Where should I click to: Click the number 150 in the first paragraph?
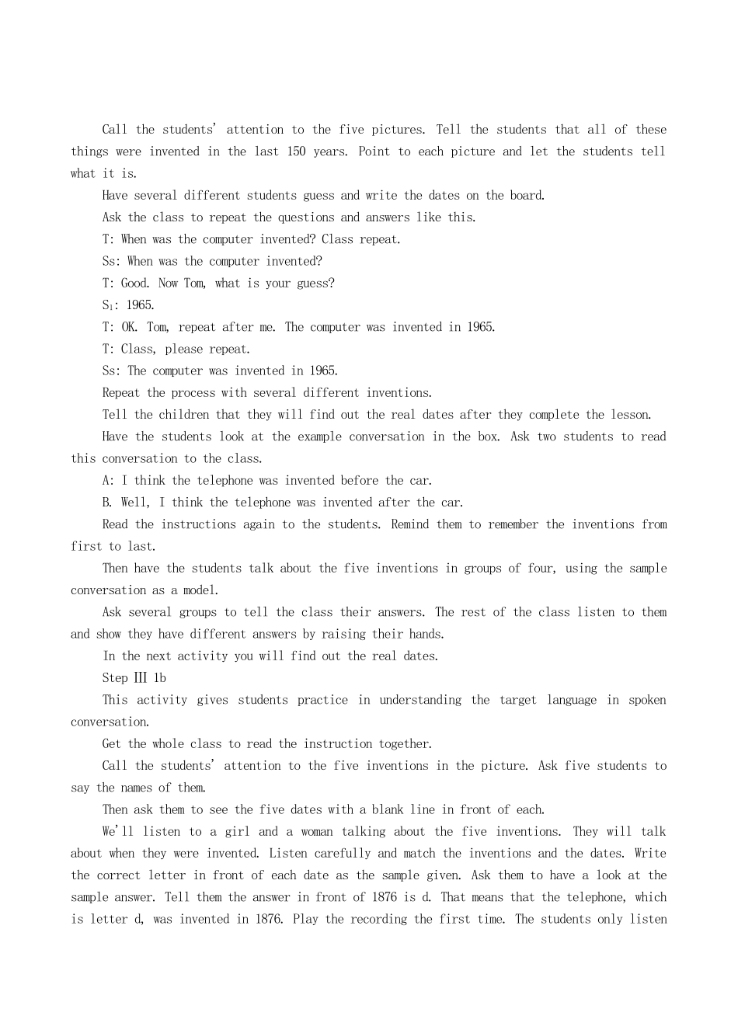pyautogui.click(x=296, y=151)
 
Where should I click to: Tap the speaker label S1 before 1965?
pyautogui.click(x=109, y=305)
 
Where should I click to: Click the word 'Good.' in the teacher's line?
pyautogui.click(x=135, y=284)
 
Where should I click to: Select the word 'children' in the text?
pyautogui.click(x=184, y=415)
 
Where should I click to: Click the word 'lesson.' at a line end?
pyautogui.click(x=632, y=415)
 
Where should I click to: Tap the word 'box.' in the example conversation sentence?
pyautogui.click(x=489, y=437)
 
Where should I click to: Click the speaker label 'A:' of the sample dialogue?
pyautogui.click(x=108, y=481)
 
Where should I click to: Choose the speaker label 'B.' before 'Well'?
pyautogui.click(x=107, y=503)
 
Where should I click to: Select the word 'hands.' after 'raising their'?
pyautogui.click(x=426, y=634)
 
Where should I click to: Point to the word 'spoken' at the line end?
pyautogui.click(x=647, y=700)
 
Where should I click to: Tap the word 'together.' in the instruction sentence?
pyautogui.click(x=403, y=744)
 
